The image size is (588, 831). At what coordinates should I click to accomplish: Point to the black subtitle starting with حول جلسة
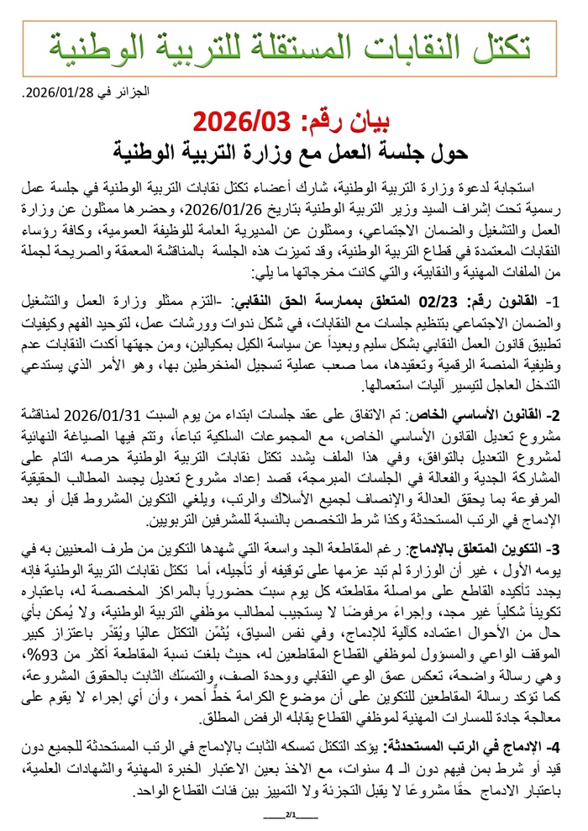coord(293,155)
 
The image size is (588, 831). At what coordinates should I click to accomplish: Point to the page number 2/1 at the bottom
coord(293,816)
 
